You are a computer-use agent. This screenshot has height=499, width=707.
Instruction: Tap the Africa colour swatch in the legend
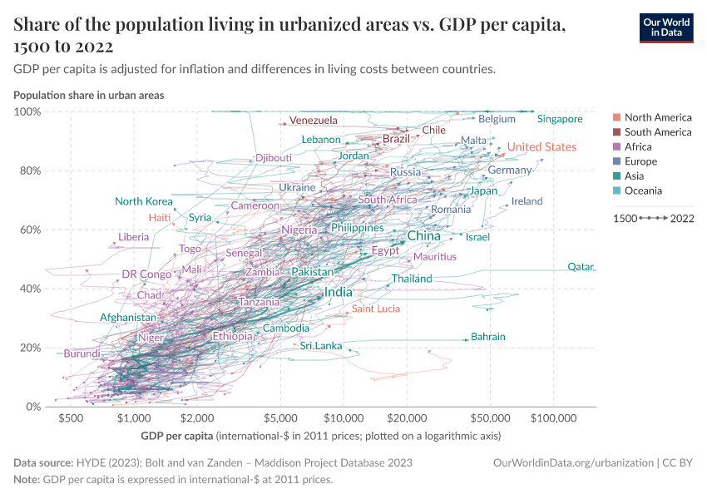pos(616,147)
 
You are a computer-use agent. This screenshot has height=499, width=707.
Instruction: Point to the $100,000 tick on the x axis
pos(555,417)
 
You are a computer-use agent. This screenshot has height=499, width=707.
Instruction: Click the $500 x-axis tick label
pos(71,417)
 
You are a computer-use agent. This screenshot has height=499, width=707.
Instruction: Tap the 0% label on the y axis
pos(33,407)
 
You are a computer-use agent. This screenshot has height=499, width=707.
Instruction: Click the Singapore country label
pos(560,119)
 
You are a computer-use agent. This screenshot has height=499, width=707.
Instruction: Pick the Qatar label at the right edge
pos(581,267)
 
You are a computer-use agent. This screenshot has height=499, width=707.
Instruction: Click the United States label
pos(541,147)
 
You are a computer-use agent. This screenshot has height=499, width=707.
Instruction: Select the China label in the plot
pos(423,236)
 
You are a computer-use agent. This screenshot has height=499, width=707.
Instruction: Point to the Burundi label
pos(82,353)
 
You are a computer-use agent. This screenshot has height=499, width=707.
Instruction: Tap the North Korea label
pos(144,201)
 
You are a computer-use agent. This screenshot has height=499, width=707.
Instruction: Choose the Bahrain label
pos(487,337)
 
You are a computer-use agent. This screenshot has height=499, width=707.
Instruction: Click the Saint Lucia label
pos(375,309)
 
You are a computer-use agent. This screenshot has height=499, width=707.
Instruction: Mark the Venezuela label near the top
pos(314,121)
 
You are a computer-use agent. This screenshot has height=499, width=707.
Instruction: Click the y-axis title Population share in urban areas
pos(88,95)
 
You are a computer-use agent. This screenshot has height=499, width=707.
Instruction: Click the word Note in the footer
pos(26,479)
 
